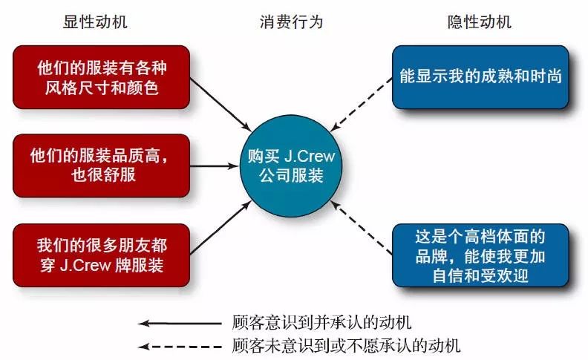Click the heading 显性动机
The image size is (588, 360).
pyautogui.click(x=95, y=22)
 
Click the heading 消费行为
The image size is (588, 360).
pyautogui.click(x=291, y=22)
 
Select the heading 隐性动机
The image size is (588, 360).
pyautogui.click(x=480, y=22)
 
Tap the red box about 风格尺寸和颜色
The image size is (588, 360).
pyautogui.click(x=101, y=77)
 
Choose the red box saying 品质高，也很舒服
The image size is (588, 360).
pyautogui.click(x=101, y=166)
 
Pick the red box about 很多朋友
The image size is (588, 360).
pyautogui.click(x=101, y=255)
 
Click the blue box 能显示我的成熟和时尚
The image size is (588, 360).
pyautogui.click(x=480, y=77)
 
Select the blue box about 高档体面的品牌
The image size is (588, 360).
pyautogui.click(x=480, y=255)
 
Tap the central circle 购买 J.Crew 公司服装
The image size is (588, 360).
pyautogui.click(x=291, y=166)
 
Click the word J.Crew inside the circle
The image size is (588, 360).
pyautogui.click(x=310, y=156)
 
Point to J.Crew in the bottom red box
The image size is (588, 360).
pyautogui.click(x=85, y=265)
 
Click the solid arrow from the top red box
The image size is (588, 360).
pyautogui.click(x=220, y=105)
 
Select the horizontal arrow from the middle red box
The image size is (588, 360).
pyautogui.click(x=215, y=166)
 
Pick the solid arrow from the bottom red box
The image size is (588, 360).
pyautogui.click(x=220, y=228)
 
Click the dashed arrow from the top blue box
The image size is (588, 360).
pyautogui.click(x=361, y=105)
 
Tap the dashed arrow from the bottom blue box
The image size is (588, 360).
pyautogui.click(x=361, y=228)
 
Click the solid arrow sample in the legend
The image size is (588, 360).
pyautogui.click(x=180, y=323)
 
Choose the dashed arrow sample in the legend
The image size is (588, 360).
pyautogui.click(x=180, y=347)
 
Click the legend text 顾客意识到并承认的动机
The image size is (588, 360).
pyautogui.click(x=321, y=322)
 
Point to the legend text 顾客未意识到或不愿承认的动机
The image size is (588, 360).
pyautogui.click(x=346, y=346)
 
